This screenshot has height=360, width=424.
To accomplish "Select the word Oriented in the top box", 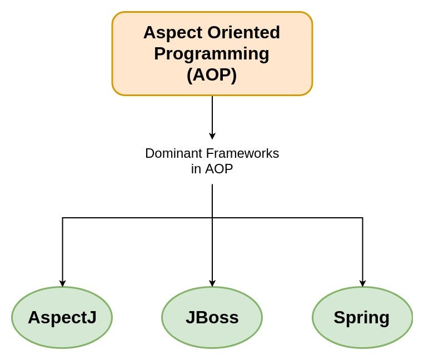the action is pyautogui.click(x=243, y=32).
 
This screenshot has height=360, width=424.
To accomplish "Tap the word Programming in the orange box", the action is pyautogui.click(x=212, y=54).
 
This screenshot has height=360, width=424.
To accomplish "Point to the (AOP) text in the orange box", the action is pyautogui.click(x=212, y=75).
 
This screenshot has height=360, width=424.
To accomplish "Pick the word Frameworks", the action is pyautogui.click(x=242, y=153).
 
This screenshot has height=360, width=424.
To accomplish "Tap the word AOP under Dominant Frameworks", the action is pyautogui.click(x=219, y=169).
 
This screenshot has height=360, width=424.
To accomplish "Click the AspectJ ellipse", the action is pyautogui.click(x=62, y=317).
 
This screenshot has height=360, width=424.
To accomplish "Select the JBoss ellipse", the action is pyautogui.click(x=212, y=317).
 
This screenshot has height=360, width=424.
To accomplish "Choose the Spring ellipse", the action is pyautogui.click(x=362, y=317).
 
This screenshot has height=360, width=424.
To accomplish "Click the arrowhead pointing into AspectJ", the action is pyautogui.click(x=62, y=283).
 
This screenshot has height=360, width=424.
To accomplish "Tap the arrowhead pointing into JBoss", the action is pyautogui.click(x=212, y=283).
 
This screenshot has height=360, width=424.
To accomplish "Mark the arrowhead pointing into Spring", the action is pyautogui.click(x=363, y=283).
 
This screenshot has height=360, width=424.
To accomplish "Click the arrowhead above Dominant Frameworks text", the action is pyautogui.click(x=212, y=136).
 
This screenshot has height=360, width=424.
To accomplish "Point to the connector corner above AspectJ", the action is pyautogui.click(x=62, y=218).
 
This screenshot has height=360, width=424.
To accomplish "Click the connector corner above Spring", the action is pyautogui.click(x=363, y=218).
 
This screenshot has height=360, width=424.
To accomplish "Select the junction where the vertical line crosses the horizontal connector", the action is pyautogui.click(x=212, y=218).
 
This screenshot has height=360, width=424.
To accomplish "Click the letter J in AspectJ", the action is pyautogui.click(x=92, y=317).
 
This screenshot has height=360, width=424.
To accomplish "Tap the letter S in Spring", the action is pyautogui.click(x=340, y=317).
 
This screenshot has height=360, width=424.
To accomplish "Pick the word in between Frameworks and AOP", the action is pyautogui.click(x=196, y=169).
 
